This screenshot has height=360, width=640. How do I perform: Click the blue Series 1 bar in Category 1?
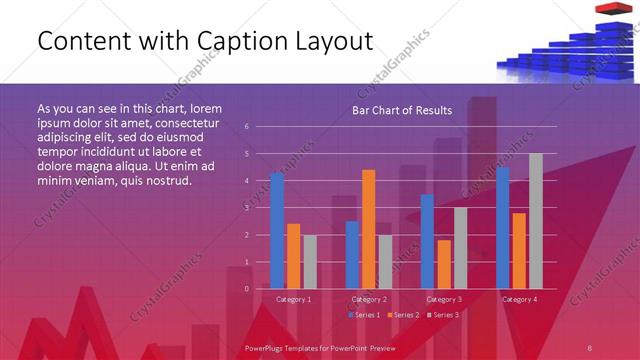277,231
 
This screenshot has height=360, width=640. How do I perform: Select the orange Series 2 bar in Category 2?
368,229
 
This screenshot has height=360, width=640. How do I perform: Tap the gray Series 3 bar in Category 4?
536,221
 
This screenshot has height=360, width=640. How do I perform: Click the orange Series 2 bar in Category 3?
443,264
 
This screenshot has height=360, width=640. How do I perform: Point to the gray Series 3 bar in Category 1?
309,261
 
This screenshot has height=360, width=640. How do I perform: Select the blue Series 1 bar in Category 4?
503,228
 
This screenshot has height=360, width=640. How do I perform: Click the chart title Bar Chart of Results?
402,110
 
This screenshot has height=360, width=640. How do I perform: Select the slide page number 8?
590,346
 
